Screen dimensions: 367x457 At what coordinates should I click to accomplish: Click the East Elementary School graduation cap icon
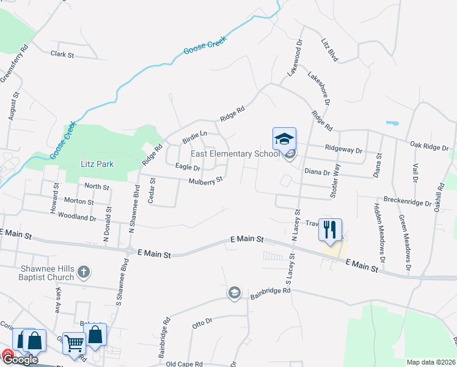click(x=284, y=139)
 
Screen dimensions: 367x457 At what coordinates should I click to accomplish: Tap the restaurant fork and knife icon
click(x=329, y=230)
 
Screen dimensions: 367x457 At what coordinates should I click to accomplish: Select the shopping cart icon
click(x=75, y=344)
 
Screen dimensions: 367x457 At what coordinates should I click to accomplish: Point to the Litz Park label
click(x=97, y=164)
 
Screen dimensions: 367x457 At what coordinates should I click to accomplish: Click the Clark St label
click(x=62, y=54)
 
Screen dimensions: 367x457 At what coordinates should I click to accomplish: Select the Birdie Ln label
click(x=195, y=136)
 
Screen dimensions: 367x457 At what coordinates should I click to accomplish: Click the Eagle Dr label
click(x=188, y=167)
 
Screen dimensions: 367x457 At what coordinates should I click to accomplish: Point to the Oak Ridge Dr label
click(x=430, y=146)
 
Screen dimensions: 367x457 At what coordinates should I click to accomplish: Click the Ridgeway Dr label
click(x=344, y=150)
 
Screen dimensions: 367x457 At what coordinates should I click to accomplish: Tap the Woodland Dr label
click(x=76, y=217)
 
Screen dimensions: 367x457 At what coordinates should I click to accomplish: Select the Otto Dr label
click(x=202, y=322)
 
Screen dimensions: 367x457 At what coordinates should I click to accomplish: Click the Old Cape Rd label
click(x=185, y=364)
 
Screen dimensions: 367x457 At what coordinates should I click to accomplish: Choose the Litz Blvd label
click(x=330, y=50)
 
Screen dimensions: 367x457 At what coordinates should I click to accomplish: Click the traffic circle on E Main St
click(x=130, y=250)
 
